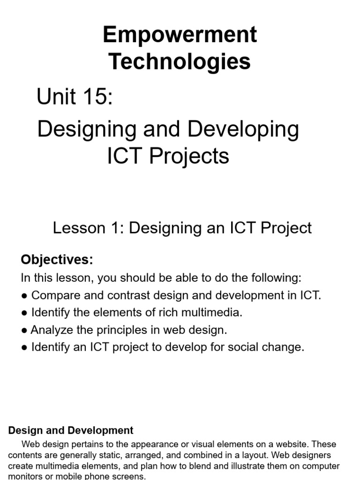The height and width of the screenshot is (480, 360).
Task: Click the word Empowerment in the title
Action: coord(180,35)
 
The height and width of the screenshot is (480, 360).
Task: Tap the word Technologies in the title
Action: coord(180,61)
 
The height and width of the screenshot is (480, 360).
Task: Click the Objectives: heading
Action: coord(57,259)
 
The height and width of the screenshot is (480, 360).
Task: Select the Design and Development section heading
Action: coord(71,430)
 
